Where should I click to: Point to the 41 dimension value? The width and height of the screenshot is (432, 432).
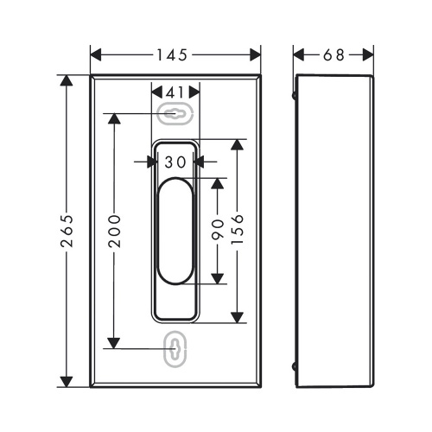coord(175,91)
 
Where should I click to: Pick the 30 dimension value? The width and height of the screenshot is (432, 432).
coord(175,161)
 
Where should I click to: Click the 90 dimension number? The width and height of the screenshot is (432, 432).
coord(218,230)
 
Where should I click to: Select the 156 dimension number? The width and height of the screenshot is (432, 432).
coord(238,230)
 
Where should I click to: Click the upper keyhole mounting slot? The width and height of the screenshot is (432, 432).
coord(175,113)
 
